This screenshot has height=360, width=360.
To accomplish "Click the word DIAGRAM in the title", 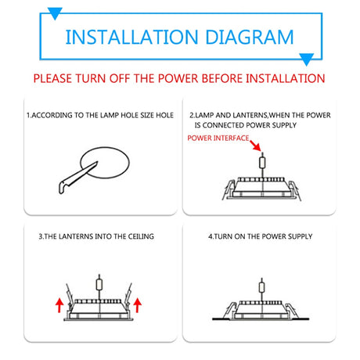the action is tap(250, 37).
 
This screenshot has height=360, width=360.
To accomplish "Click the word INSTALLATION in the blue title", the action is tap(131, 37).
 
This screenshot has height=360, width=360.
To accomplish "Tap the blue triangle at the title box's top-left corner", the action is tap(55, 13).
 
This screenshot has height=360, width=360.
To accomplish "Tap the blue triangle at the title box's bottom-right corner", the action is tap(306, 59).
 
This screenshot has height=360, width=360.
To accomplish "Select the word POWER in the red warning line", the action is tap(178, 78).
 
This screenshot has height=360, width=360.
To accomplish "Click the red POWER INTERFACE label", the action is tap(218, 138).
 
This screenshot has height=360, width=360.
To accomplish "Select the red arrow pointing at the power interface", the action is tap(255, 146).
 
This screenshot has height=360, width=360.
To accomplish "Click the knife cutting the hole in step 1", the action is tap(77, 178).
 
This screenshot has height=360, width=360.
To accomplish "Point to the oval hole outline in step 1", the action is tap(105, 148).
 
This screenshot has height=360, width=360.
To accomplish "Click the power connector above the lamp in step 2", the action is tap(262, 163).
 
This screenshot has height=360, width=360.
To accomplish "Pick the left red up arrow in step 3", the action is tap(59, 305).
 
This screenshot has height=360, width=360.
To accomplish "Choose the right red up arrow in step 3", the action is tap(137, 305).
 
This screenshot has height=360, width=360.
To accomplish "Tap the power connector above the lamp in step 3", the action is tap(99, 284).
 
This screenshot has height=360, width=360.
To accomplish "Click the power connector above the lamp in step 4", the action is tap(262, 287).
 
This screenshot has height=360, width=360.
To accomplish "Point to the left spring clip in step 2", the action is tap(229, 189).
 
